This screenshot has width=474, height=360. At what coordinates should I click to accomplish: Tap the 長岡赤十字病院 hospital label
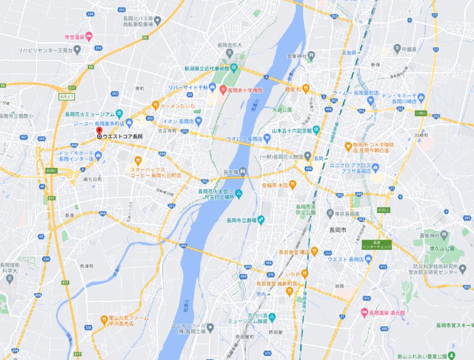pyautogui.click(x=245, y=90)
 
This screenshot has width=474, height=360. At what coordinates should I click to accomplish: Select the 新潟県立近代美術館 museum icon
pyautogui.click(x=234, y=68)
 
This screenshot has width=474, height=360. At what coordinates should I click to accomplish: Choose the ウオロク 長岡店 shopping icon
pyautogui.click(x=267, y=139)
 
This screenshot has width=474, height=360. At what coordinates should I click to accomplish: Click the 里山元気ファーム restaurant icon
pyautogui.click(x=104, y=320)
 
